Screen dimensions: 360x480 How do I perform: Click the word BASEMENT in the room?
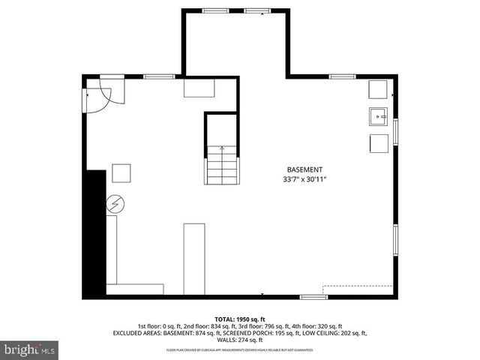304,169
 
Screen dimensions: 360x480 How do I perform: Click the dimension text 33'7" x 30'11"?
304,180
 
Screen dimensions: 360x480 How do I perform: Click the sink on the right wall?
377,116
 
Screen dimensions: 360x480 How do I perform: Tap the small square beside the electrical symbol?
121,173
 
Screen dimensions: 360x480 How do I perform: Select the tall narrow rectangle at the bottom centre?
194,259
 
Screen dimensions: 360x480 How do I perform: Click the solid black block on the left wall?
95,232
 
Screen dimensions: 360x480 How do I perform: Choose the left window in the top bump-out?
216,10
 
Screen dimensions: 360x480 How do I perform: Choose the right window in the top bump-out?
257,10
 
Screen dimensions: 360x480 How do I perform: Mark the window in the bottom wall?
313,297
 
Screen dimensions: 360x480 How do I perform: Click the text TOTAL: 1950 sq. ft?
239,319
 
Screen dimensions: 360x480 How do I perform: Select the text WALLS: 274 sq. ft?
239,340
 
